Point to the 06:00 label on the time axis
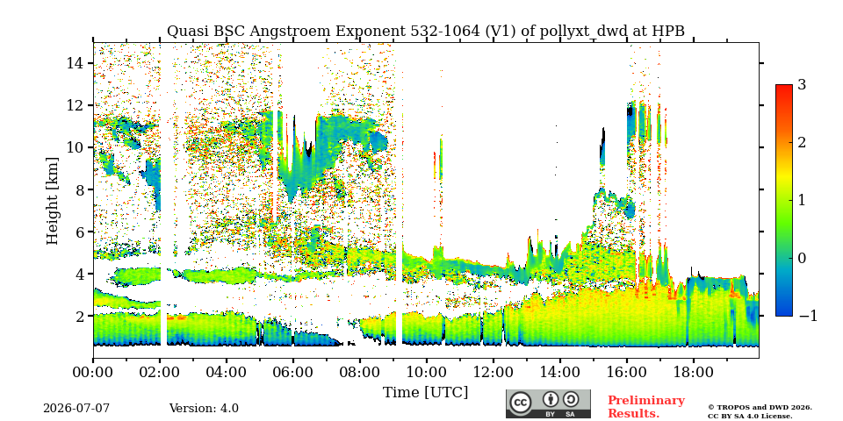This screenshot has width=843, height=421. [293, 372]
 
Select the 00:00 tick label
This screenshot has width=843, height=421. [93, 372]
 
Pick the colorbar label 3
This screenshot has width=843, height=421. [802, 85]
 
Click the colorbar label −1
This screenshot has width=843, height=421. [808, 316]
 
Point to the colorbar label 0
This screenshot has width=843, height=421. [802, 258]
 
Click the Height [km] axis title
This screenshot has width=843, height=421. [52, 201]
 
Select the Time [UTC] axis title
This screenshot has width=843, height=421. [425, 393]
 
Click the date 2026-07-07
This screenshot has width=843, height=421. [76, 409]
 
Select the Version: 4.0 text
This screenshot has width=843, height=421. [204, 409]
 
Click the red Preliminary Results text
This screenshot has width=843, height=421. [646, 407]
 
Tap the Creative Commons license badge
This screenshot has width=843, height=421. [548, 403]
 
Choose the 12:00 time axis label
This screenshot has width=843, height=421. [493, 372]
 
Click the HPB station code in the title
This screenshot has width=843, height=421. [668, 32]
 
